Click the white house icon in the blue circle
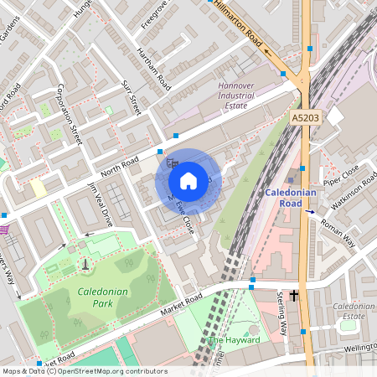(x=188, y=180)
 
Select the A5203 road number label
(x=306, y=120)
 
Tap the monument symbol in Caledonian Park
(x=85, y=264)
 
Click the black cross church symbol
(x=294, y=296)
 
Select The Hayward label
(x=234, y=340)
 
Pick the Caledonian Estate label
(x=353, y=312)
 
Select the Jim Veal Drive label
(x=100, y=204)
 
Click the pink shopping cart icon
(x=4, y=230)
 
